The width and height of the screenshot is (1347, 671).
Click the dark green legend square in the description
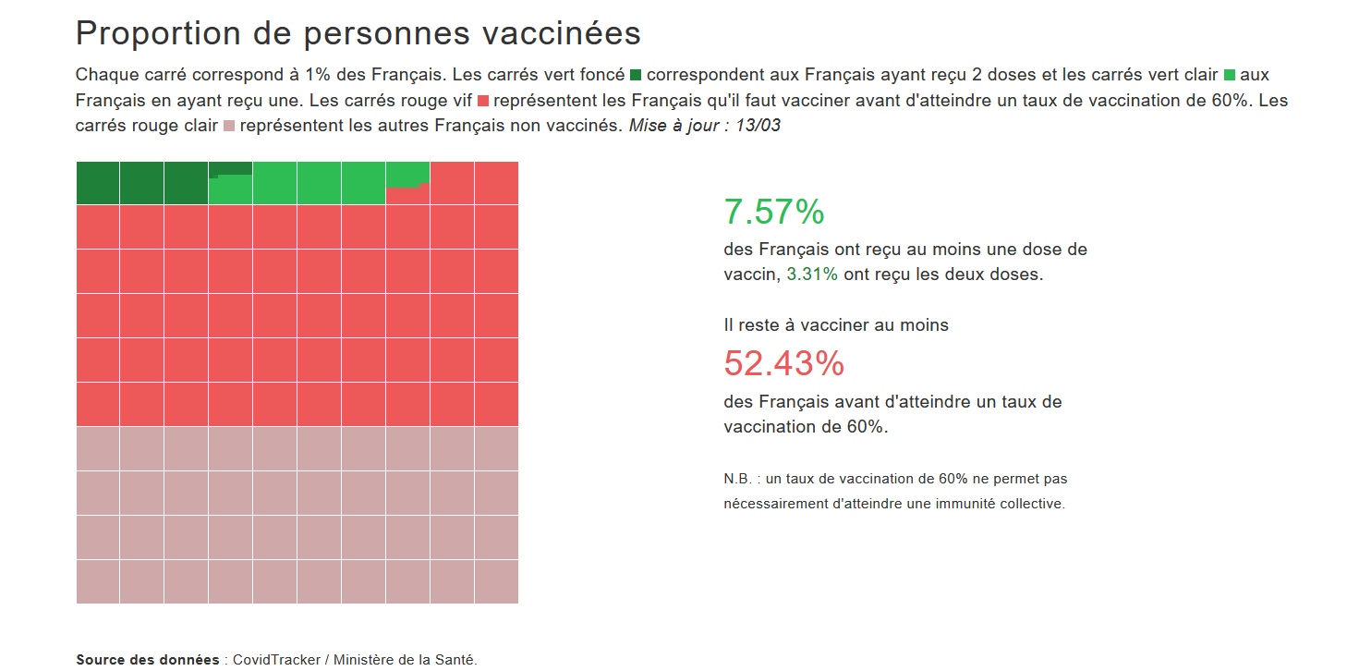636,75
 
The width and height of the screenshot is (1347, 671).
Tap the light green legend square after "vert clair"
1229,75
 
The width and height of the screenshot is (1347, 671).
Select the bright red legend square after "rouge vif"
486,100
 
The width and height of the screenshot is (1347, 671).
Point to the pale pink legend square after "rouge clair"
230,125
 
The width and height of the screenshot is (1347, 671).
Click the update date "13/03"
758,125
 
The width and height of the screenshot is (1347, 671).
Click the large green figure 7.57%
774,212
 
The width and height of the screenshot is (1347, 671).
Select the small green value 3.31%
812,274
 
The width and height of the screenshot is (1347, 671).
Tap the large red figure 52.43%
783,363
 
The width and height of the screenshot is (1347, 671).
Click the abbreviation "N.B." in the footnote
738,480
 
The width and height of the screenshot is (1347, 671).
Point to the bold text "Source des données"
148,660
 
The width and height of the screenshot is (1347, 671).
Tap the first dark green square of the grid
98,183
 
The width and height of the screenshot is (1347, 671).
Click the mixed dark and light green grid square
230,183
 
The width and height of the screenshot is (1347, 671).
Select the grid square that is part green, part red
407,183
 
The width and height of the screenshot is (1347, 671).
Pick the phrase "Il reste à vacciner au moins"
836,325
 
